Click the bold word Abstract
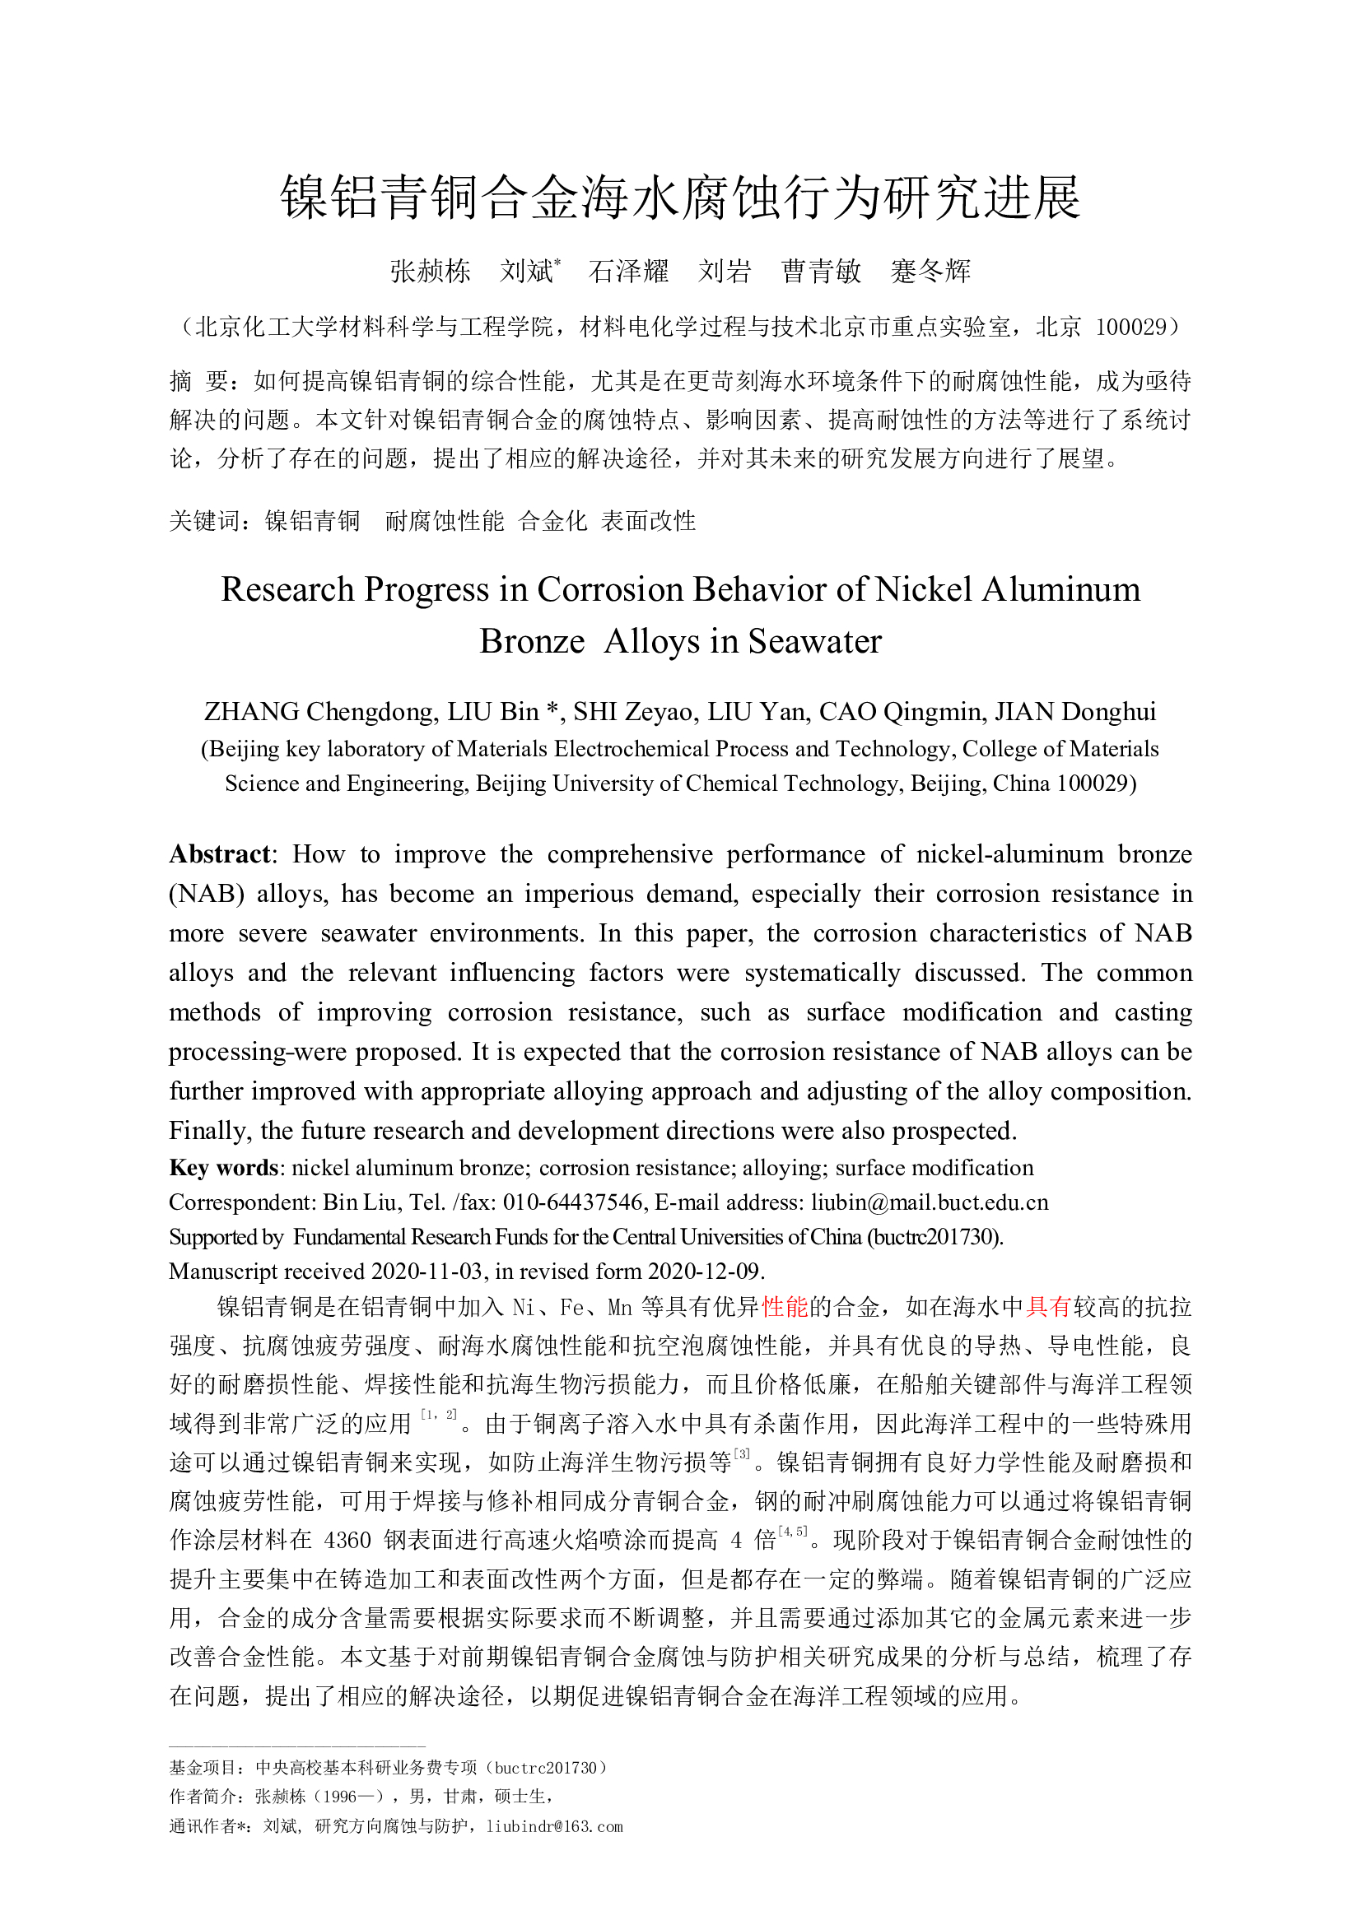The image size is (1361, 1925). [220, 854]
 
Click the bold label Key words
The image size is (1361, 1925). [223, 1168]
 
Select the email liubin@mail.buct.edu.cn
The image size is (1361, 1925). [929, 1202]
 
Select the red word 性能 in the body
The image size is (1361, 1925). [784, 1307]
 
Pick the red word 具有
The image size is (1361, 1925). [1048, 1307]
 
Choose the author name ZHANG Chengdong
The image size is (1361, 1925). [320, 712]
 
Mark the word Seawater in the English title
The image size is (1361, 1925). [814, 641]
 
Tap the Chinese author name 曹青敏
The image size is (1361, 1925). [821, 272]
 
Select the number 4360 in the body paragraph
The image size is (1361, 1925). [347, 1540]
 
